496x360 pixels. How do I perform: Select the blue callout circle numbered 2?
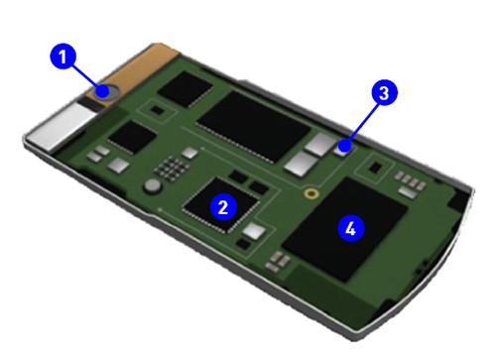[x=224, y=207]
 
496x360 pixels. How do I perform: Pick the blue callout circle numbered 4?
[x=346, y=227]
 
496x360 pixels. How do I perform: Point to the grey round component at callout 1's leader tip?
[x=103, y=90]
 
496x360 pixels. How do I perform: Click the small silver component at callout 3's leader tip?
[x=342, y=149]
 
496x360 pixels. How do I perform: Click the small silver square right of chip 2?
[x=255, y=232]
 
